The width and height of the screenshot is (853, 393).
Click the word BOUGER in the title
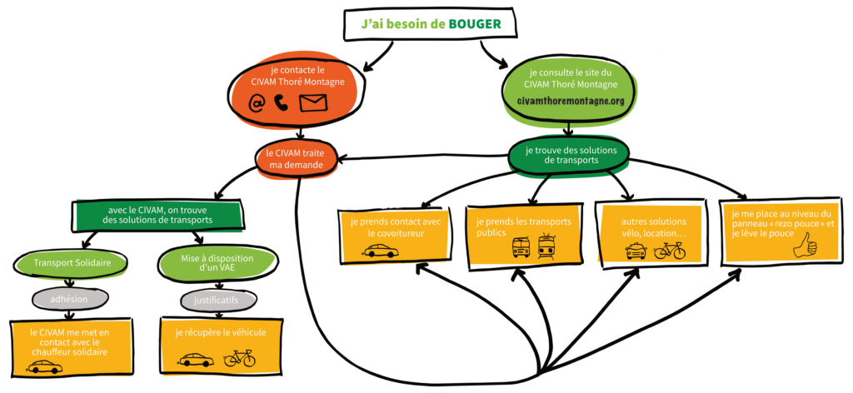coord(475,25)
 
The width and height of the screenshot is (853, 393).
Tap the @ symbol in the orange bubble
coord(257,102)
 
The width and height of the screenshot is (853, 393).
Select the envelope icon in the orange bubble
coord(313,102)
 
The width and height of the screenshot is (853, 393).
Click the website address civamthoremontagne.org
coord(571,101)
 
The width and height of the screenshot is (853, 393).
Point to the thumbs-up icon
coord(805,246)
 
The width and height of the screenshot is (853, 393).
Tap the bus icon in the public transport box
coord(521,246)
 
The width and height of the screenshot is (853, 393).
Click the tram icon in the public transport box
coord(547,246)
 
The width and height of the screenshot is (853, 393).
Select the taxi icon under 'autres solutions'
coord(636,250)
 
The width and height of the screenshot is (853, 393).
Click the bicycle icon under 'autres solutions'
coord(670,249)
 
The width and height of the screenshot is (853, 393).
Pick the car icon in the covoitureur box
coord(380,251)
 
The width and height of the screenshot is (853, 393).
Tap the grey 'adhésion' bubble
coord(71,297)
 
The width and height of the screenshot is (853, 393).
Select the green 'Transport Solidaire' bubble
coord(71,264)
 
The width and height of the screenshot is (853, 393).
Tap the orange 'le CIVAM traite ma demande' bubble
coord(297,158)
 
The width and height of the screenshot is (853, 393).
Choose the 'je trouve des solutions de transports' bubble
coord(571,155)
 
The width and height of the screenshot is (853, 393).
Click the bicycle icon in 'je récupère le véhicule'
coord(240,359)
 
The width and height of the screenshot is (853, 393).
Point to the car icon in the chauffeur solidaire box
coord(44,366)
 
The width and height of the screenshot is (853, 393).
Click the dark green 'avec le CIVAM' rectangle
coord(158,215)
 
